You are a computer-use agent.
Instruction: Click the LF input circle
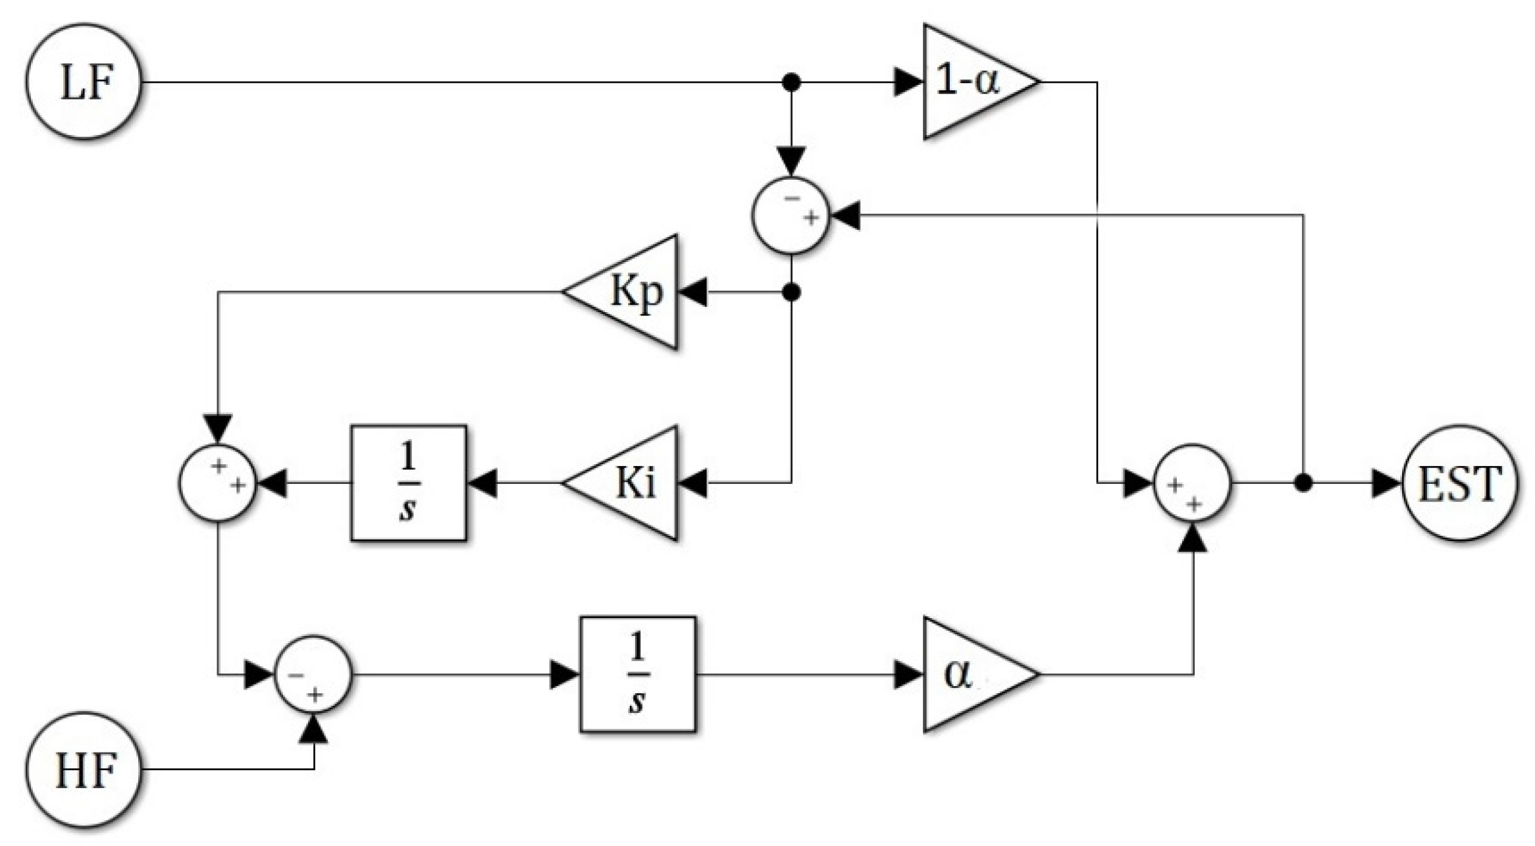pyautogui.click(x=84, y=82)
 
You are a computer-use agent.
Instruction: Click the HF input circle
pyautogui.click(x=84, y=769)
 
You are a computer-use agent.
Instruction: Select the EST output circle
pyautogui.click(x=1459, y=483)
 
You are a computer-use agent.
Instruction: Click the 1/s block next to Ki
pyautogui.click(x=409, y=483)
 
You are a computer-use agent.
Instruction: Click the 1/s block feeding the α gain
pyautogui.click(x=637, y=674)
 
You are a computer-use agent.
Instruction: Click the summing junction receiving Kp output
pyautogui.click(x=218, y=483)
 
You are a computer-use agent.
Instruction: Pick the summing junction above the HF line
pyautogui.click(x=313, y=674)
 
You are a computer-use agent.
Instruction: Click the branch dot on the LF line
pyautogui.click(x=791, y=82)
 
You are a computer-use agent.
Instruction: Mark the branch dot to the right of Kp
pyautogui.click(x=791, y=291)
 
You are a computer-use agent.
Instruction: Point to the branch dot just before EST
pyautogui.click(x=1303, y=483)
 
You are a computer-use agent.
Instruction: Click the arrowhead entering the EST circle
pyautogui.click(x=1386, y=483)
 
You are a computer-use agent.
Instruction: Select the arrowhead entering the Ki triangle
pyautogui.click(x=692, y=483)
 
